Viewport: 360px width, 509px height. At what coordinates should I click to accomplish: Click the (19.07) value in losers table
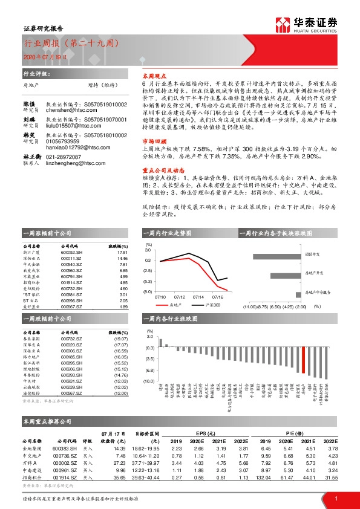tap(121, 339)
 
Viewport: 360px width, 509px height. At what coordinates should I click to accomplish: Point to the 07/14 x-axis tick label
tap(197, 297)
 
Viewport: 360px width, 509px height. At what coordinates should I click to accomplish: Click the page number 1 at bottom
tap(335, 498)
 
